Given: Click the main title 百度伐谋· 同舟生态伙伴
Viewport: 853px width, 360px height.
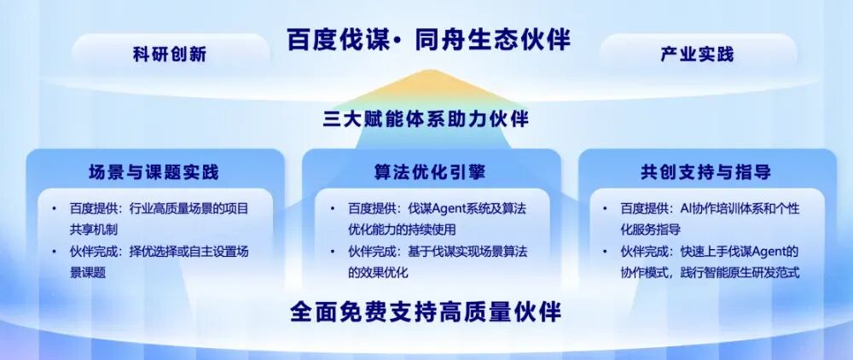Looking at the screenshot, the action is pos(429,41).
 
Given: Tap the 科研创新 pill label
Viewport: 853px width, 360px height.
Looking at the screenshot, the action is pos(170,55).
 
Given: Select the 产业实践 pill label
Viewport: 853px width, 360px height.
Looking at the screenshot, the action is pos(698,54).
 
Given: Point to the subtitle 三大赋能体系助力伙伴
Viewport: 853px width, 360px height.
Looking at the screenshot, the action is pos(426,119).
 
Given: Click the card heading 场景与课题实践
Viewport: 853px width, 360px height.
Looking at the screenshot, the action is pos(154,172).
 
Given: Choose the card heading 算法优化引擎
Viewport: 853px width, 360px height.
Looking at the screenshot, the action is pos(430,172).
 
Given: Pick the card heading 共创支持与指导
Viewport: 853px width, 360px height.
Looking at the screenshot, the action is pos(705,172).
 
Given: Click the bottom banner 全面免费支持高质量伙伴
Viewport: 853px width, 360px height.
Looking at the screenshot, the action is pos(426,312).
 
